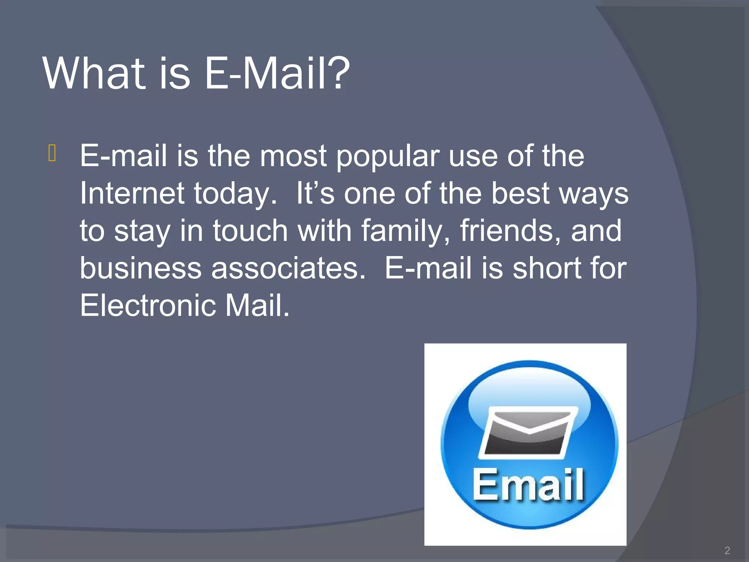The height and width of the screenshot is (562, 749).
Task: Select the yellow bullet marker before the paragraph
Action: [52, 153]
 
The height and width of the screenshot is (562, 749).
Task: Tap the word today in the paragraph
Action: [234, 194]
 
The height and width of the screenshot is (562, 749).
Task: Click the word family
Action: [406, 231]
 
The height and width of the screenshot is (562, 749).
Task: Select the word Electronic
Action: [148, 305]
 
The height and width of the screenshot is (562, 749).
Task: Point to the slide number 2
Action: [727, 550]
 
